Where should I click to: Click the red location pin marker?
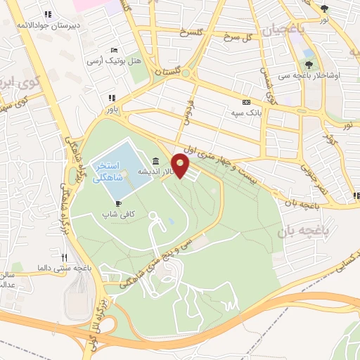[181, 166]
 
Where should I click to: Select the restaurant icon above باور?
[112, 98]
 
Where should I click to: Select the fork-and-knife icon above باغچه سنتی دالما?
[65, 257]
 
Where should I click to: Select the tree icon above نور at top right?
[324, 8]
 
